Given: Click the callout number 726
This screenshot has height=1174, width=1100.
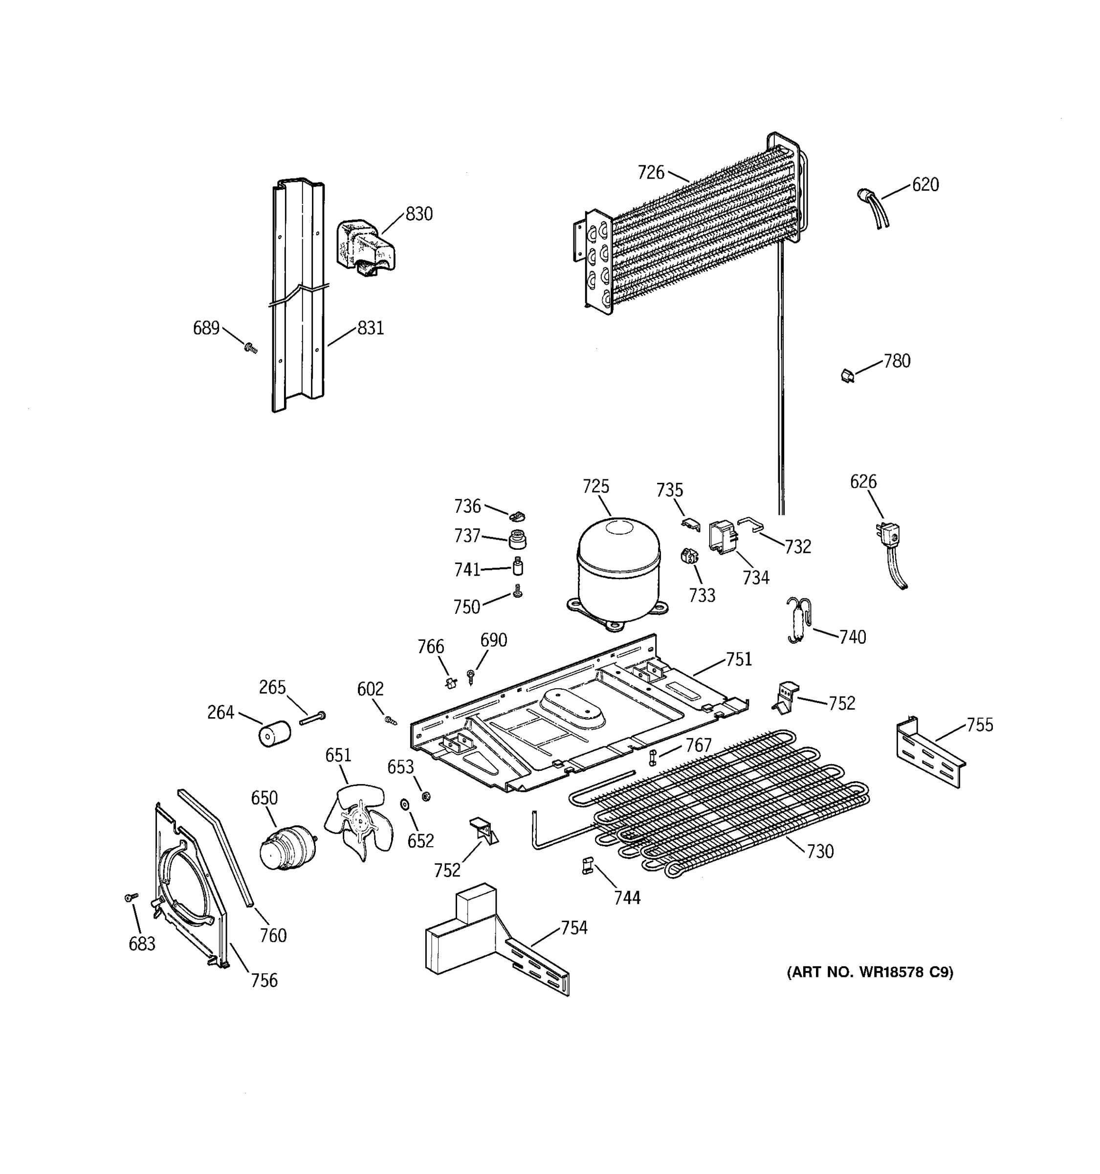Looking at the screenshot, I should pos(650,173).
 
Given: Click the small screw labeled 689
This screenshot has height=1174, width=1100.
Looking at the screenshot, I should pos(250,348).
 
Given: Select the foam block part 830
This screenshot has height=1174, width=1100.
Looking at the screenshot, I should pos(365,248).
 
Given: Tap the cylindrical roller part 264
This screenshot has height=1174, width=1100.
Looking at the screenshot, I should pos(274,733).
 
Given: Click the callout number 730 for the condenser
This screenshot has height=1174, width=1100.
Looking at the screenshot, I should pos(820,851).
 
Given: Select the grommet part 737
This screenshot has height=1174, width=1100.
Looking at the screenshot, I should pos(517,539).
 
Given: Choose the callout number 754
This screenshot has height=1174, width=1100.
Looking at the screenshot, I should pos(573,928).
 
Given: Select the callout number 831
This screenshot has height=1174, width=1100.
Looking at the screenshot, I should pos(371,328).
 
